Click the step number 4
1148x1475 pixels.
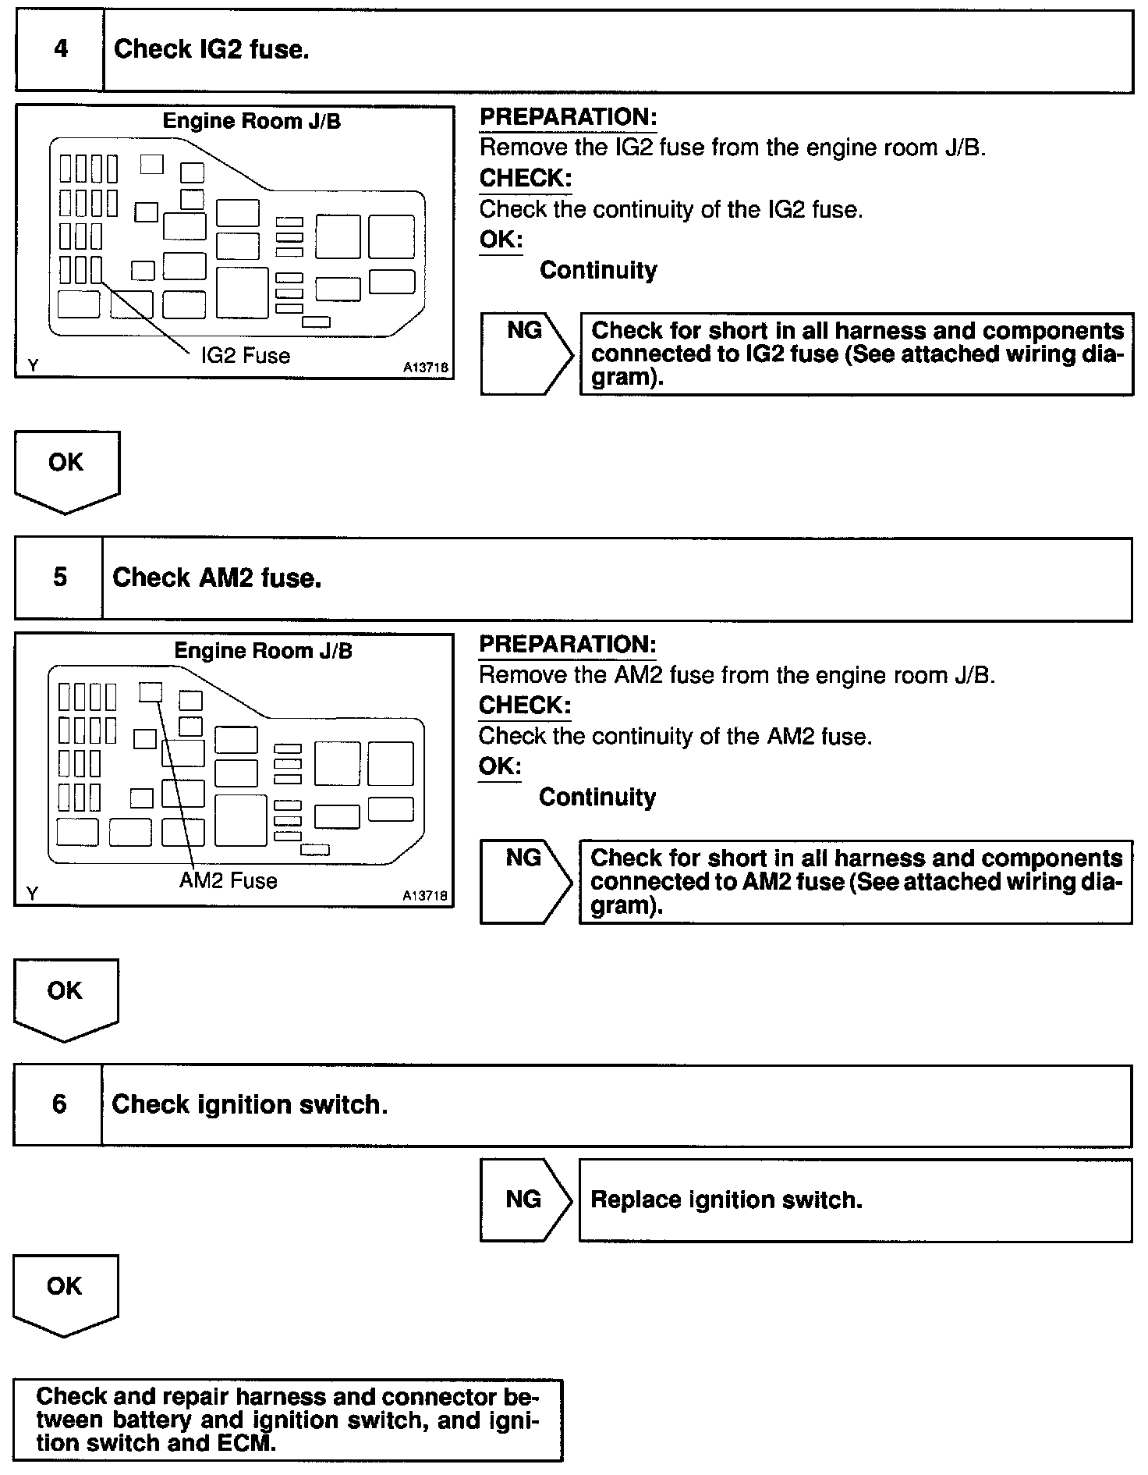tap(60, 50)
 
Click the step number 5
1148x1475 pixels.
tap(60, 578)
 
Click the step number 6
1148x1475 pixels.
tap(59, 1104)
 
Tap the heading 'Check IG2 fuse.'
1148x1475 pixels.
tap(211, 50)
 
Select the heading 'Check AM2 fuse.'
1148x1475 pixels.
tap(217, 578)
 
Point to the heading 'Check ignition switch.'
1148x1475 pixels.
tap(250, 1105)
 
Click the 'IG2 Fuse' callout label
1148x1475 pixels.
tap(245, 356)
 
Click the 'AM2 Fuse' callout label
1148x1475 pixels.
tap(228, 881)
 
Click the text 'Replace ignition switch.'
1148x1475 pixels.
tap(726, 1200)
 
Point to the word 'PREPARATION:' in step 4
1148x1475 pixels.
tap(568, 117)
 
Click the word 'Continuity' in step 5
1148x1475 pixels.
tap(597, 797)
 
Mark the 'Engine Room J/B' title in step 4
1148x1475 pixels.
tap(251, 122)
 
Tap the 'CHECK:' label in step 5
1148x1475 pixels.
tap(524, 706)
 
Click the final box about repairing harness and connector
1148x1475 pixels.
tap(288, 1420)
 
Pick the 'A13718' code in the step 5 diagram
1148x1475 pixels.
tap(426, 896)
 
